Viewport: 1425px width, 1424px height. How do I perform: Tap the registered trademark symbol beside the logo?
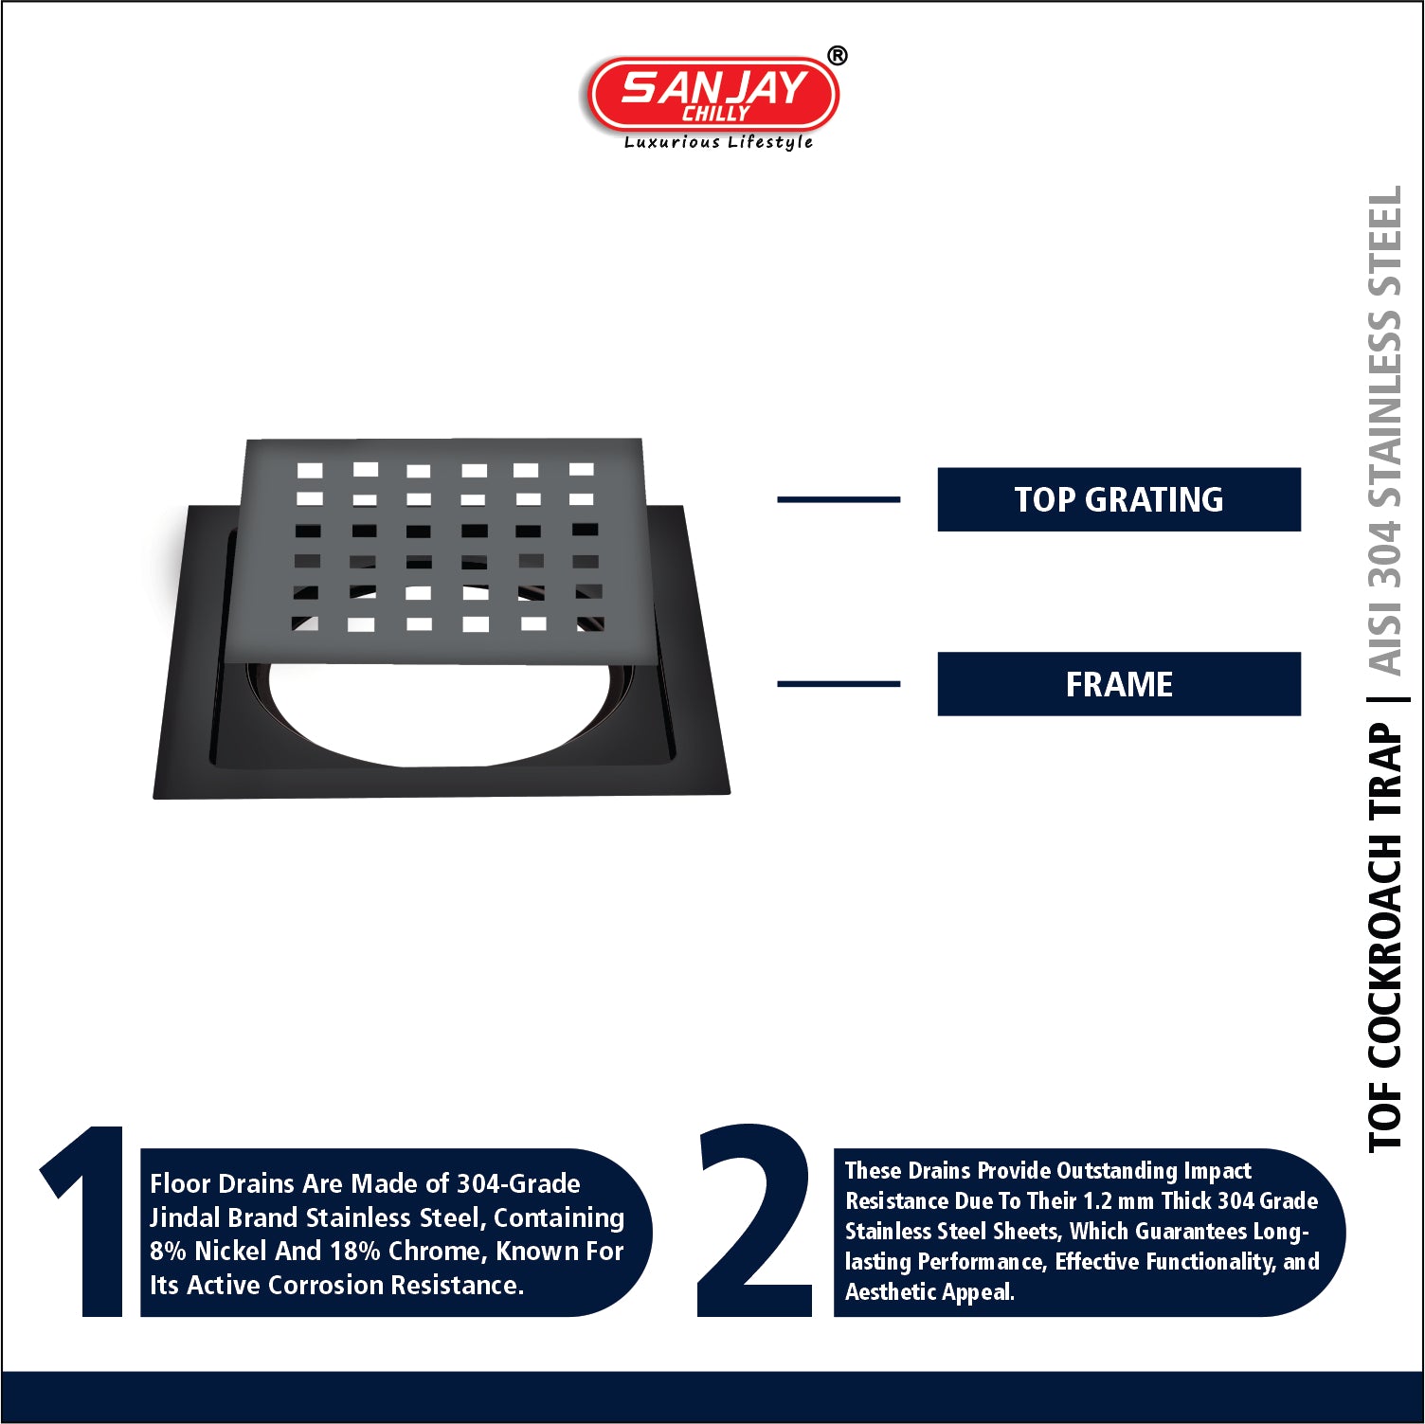[x=838, y=56]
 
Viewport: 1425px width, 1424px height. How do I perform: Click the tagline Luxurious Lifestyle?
[x=718, y=142]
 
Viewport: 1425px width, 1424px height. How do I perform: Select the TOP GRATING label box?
[x=1119, y=499]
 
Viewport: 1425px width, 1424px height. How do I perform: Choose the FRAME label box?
[x=1119, y=684]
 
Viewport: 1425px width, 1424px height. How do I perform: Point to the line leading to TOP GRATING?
[x=839, y=499]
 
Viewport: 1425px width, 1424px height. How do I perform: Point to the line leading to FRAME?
[x=839, y=683]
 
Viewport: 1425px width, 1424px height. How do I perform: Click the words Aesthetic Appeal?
[x=929, y=1292]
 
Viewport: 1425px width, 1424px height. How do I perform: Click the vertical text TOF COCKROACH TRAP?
[x=1384, y=938]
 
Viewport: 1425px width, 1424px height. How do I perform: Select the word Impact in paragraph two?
[x=1218, y=1171]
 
